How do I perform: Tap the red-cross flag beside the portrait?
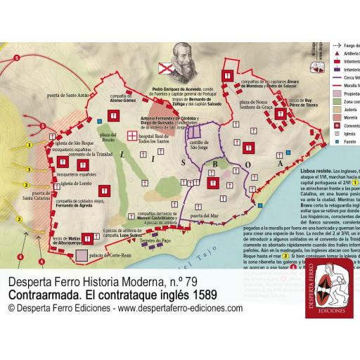point(163,67)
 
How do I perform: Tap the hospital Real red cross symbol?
point(132,135)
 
